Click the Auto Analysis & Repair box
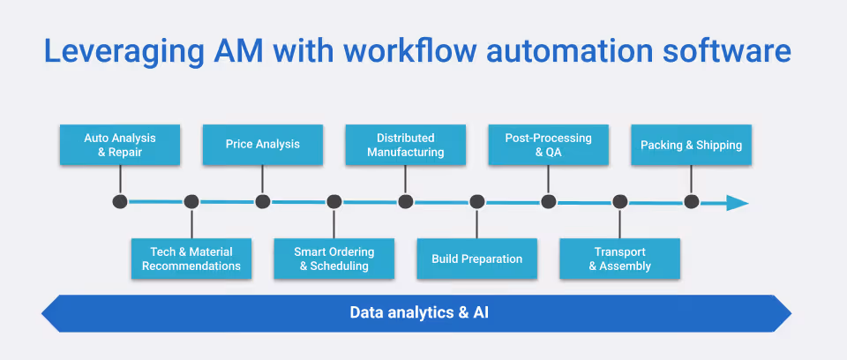pyautogui.click(x=120, y=145)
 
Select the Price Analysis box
pyautogui.click(x=262, y=145)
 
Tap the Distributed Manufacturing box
pyautogui.click(x=405, y=145)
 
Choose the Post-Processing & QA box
pyautogui.click(x=548, y=145)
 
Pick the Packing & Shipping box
pyautogui.click(x=691, y=145)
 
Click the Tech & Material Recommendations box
pyautogui.click(x=191, y=259)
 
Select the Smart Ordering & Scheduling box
pyautogui.click(x=334, y=259)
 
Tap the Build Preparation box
pyautogui.click(x=476, y=259)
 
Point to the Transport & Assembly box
pyautogui.click(x=619, y=259)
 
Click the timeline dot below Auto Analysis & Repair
pyautogui.click(x=120, y=202)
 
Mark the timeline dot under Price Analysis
pyautogui.click(x=262, y=202)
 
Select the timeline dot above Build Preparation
pyautogui.click(x=476, y=202)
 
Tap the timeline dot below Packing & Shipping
pyautogui.click(x=691, y=202)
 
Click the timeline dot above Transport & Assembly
pyautogui.click(x=619, y=202)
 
